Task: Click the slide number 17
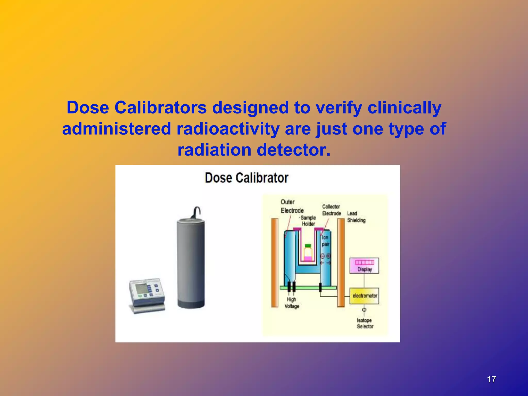click(491, 379)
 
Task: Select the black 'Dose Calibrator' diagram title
click(246, 178)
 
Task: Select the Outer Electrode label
click(292, 206)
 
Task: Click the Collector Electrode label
click(332, 210)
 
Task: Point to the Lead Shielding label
click(356, 217)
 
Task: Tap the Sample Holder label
click(308, 221)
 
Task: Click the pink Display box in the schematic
click(364, 266)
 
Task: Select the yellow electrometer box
click(364, 296)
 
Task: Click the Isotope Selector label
click(365, 323)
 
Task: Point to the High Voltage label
click(292, 303)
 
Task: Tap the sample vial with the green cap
click(308, 252)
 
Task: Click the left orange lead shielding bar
click(275, 263)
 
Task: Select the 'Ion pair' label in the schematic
click(325, 241)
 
